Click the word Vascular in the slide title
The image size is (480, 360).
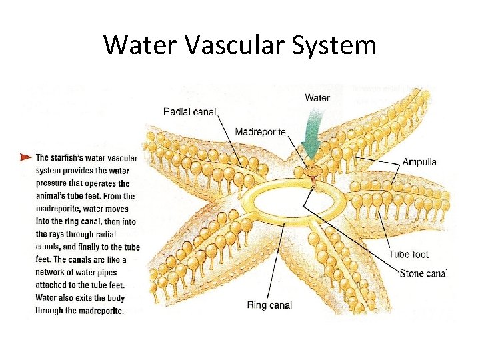pyautogui.click(x=231, y=45)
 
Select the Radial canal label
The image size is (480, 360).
pyautogui.click(x=190, y=111)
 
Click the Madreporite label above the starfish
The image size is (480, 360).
pyautogui.click(x=260, y=132)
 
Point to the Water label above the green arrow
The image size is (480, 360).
pyautogui.click(x=317, y=97)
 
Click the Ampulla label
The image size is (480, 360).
pyautogui.click(x=419, y=162)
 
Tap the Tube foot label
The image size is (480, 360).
pyautogui.click(x=408, y=254)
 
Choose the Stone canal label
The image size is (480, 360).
pyautogui.click(x=423, y=273)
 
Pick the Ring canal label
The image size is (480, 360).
pyautogui.click(x=269, y=305)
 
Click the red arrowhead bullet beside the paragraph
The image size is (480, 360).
pyautogui.click(x=25, y=157)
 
